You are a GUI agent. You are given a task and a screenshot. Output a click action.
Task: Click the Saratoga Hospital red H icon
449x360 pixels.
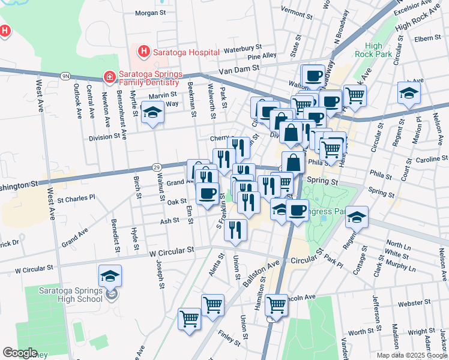click(143, 52)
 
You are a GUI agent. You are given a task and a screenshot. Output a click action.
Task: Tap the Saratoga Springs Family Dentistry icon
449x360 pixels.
click(109, 77)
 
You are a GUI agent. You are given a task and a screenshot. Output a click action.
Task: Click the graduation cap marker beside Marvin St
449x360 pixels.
click(152, 113)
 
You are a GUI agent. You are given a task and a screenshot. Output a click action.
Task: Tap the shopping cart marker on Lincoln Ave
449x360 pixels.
click(276, 305)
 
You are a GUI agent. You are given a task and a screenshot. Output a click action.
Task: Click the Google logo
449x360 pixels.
click(20, 353)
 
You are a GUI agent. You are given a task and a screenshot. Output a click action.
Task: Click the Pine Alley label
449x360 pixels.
click(262, 56)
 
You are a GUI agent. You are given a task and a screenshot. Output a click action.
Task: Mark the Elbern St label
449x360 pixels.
click(427, 38)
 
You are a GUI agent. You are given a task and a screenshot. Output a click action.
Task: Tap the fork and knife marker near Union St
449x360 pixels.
click(236, 229)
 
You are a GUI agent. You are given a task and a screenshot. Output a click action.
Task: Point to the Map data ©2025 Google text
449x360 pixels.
click(412, 355)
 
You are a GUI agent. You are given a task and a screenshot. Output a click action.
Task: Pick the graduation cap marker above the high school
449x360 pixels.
click(110, 276)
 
